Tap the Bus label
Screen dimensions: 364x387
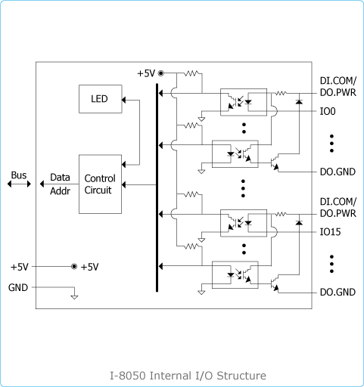pyautogui.click(x=19, y=175)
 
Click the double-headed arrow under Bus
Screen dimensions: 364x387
pyautogui.click(x=19, y=184)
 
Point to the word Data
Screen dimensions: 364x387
pyautogui.click(x=60, y=178)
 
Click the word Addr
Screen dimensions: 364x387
pyautogui.click(x=60, y=191)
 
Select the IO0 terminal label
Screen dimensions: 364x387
pyautogui.click(x=328, y=111)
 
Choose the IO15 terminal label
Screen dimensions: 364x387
pyautogui.click(x=330, y=232)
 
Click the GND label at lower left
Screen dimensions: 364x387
pyautogui.click(x=18, y=287)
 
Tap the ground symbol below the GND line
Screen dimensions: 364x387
pyautogui.click(x=74, y=296)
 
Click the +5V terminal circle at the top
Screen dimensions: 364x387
pyautogui.click(x=160, y=73)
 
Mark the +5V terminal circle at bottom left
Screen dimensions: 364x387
pyautogui.click(x=74, y=267)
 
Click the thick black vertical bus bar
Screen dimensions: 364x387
pyautogui.click(x=157, y=187)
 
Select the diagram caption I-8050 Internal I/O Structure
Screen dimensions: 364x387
pyautogui.click(x=188, y=376)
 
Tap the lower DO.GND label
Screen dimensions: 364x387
pyautogui.click(x=338, y=293)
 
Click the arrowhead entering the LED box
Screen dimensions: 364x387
pyautogui.click(x=123, y=100)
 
